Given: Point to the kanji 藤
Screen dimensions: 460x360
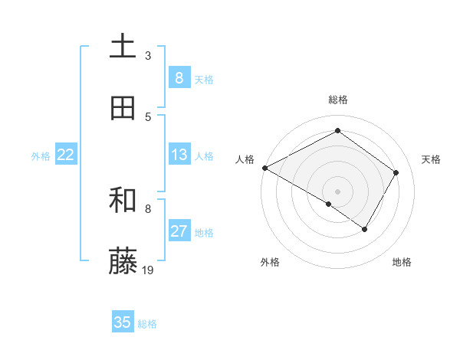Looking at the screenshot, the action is point(123,262).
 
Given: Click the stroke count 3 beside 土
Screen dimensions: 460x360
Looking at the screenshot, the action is point(148,56).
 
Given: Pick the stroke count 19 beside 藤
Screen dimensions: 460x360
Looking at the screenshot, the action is point(148,270).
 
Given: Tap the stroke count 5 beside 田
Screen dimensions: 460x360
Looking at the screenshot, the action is point(148,116).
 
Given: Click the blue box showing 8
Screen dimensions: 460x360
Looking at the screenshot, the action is point(179,78).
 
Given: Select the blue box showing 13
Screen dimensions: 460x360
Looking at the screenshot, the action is point(179,155).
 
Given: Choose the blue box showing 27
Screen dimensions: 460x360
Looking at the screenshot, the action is point(179,232).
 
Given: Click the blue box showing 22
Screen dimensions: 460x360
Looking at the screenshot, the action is point(65,155).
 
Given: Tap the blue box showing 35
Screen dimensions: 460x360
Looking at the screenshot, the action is point(123,322).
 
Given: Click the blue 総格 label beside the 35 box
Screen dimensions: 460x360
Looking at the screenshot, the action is point(147,324).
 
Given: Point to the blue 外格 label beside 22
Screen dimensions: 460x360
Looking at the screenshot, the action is point(41,156).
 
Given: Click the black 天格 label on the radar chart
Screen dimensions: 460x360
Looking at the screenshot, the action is point(431,159).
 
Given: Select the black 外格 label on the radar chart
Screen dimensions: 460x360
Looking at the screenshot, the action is point(270,262).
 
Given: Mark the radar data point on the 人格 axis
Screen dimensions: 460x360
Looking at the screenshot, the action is point(264,168).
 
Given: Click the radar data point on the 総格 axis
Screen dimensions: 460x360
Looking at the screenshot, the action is point(337,131).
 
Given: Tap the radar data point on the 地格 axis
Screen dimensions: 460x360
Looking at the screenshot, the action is point(365,229).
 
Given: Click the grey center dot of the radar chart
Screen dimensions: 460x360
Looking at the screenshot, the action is point(337,191).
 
